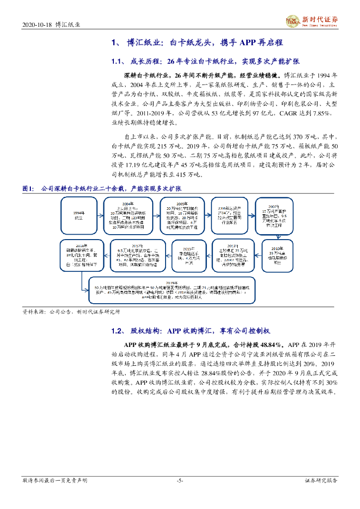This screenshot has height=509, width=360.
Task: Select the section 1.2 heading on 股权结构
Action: click(x=117, y=331)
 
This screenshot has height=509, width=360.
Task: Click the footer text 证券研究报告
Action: click(x=321, y=481)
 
